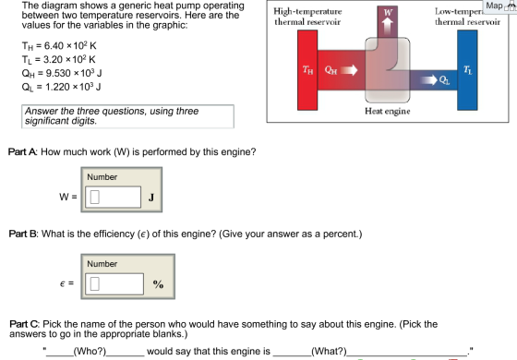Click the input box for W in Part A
coord(113,198)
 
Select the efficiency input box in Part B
coord(114,284)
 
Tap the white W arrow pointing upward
coord(388,24)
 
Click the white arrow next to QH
coord(349,70)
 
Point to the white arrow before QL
coord(429,79)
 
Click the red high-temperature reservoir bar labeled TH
coord(307,70)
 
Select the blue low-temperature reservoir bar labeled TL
coord(467,70)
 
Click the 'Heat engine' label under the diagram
coord(388,111)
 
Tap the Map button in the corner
coord(494,6)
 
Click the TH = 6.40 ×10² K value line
coord(59,45)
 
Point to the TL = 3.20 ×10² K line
coord(59,59)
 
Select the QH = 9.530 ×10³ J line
coord(62,73)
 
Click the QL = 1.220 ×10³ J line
coord(61,87)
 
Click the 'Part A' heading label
coord(23,152)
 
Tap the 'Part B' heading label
coord(24,234)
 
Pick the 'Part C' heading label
coord(24,324)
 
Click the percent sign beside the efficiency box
coord(158,284)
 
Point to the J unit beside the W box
coord(151,198)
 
